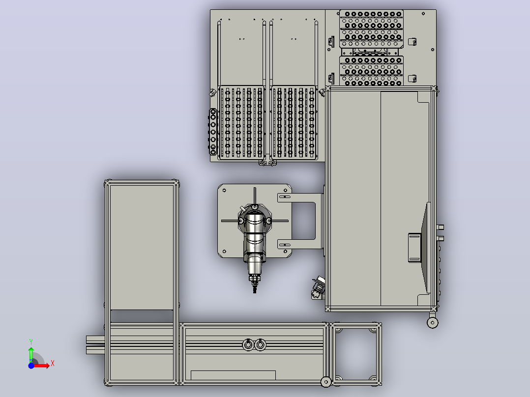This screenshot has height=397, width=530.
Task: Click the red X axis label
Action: point(53,364)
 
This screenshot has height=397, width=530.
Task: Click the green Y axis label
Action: point(31,341)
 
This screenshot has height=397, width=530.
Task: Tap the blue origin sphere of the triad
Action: point(31,366)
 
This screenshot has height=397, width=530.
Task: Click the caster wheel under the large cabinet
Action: point(433,323)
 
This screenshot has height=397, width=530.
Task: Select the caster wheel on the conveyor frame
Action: point(326,382)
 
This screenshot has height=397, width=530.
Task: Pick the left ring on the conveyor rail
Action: point(248,344)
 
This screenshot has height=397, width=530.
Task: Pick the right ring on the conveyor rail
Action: point(260,344)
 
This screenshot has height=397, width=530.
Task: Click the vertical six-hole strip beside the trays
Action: point(213,132)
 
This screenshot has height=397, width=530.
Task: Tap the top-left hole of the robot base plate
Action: point(224,191)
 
